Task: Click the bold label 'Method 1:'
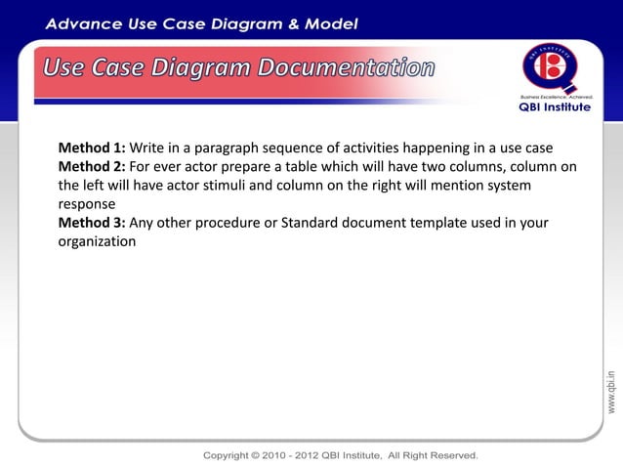click(x=92, y=149)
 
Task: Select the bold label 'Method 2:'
click(x=92, y=167)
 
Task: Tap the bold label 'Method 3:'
click(x=92, y=223)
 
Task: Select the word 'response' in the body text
click(x=87, y=205)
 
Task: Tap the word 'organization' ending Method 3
click(x=97, y=241)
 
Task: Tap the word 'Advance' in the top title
click(x=83, y=21)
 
